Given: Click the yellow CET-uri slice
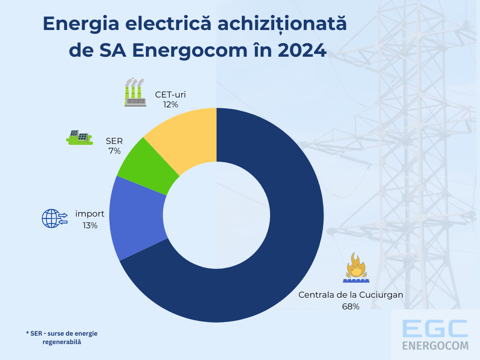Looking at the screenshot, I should pos(187,138).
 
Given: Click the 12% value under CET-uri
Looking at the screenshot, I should pos(171,105).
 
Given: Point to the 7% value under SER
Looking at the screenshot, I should pos(114,151).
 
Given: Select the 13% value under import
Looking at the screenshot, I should pos(90,225).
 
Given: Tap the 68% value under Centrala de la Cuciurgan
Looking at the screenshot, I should pos(351,307).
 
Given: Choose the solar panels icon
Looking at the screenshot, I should pos(79,137).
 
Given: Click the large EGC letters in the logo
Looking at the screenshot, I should pos(435,328).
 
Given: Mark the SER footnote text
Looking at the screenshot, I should pos(62,337).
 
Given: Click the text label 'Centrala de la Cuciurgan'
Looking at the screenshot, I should pos(351,295).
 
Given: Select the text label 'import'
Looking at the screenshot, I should pos(90,214).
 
